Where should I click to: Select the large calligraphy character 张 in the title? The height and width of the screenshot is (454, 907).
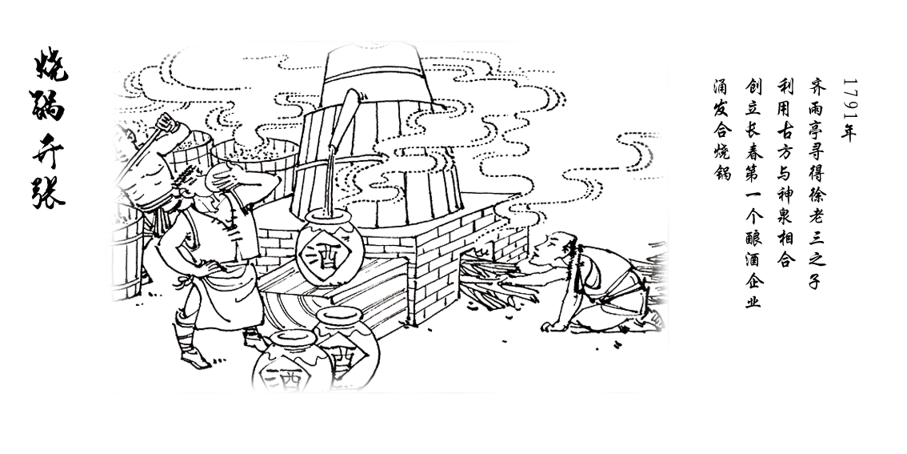(48, 188)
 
